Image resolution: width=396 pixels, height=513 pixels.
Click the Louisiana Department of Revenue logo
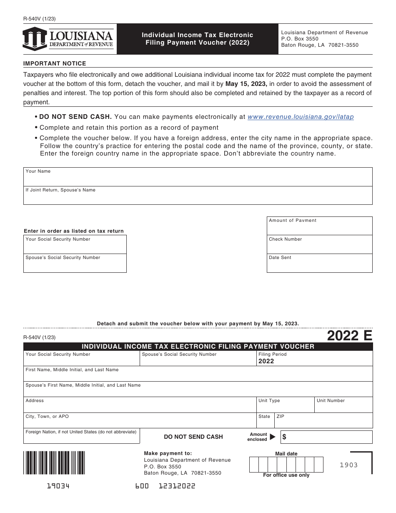point(68,39)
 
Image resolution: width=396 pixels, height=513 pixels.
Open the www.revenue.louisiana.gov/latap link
point(301,117)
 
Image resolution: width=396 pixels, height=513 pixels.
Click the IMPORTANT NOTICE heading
point(55,64)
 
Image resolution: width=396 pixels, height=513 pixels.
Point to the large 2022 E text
point(349,335)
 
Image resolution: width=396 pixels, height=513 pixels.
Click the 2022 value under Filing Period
point(266,361)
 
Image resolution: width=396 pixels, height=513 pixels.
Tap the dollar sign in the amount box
point(285,437)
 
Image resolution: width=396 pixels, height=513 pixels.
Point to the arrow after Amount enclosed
point(273,437)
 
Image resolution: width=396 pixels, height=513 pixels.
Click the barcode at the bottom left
point(54,463)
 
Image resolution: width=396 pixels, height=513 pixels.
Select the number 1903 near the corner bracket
point(348,465)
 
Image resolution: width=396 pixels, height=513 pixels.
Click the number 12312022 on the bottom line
point(177,486)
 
